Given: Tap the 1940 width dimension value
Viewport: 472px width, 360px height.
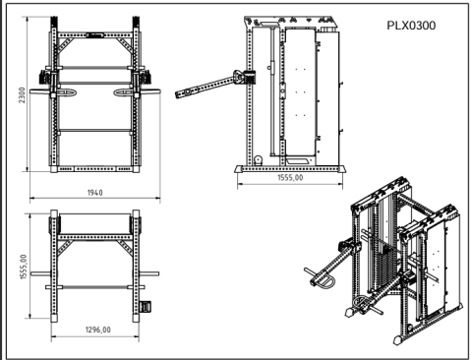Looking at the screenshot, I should pyautogui.click(x=94, y=193).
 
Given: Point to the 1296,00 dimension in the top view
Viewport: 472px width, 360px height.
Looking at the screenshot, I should pyautogui.click(x=96, y=330).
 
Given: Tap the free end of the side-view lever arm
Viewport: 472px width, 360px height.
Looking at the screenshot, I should pyautogui.click(x=181, y=97).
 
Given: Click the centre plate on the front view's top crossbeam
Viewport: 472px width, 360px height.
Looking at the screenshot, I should pyautogui.click(x=95, y=35).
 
